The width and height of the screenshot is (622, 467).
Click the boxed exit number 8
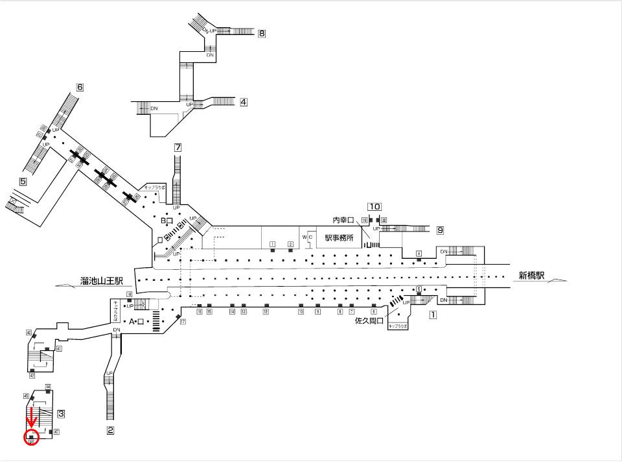pos(262,34)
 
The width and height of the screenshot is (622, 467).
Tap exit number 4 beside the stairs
pos(243,102)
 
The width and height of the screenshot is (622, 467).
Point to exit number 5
pos(23,182)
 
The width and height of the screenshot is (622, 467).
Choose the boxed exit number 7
pos(178,147)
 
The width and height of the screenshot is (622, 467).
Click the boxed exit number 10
pos(374,207)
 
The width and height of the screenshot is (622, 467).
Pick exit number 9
pos(440,230)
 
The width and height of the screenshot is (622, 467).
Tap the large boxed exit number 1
pos(433,315)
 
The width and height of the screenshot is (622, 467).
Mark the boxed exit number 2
pos(110,429)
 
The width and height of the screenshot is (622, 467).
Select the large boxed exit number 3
pos(60,413)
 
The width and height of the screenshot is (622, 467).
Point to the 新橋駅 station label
pos(531,275)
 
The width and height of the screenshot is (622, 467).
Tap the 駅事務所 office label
pos(339,237)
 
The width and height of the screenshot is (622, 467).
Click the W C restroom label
pos(307,237)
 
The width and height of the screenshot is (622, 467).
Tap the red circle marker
pos(31,438)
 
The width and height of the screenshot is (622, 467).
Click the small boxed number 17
pos(183,322)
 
